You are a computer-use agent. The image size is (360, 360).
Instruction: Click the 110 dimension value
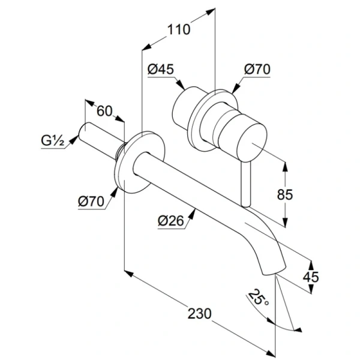[x=179, y=28]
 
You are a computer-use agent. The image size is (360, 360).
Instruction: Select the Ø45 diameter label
[x=160, y=69]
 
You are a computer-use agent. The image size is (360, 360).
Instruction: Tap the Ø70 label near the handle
[x=257, y=69]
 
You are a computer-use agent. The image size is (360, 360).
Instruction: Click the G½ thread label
[x=53, y=142]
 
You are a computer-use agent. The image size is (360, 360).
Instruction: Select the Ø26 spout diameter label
[x=170, y=221]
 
